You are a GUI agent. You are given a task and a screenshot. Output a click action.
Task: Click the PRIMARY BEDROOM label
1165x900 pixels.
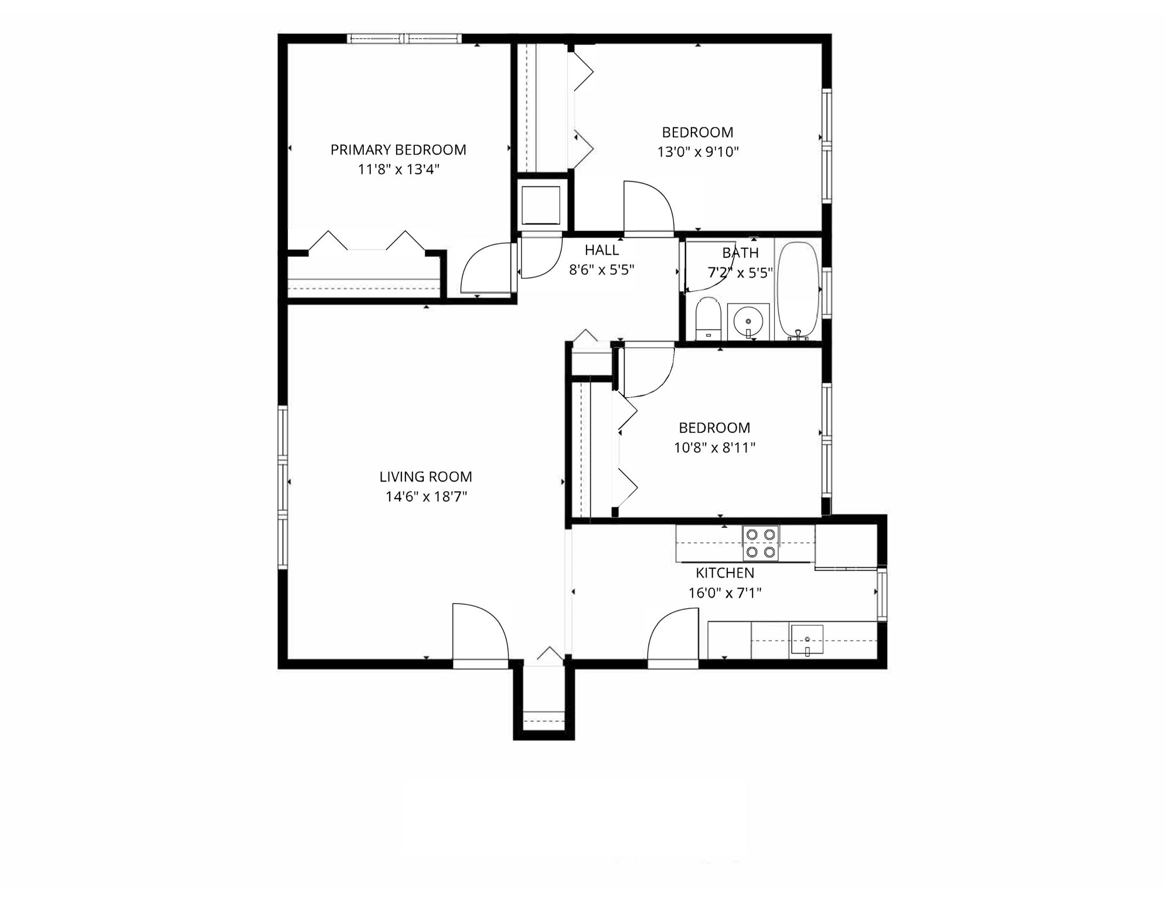(398, 150)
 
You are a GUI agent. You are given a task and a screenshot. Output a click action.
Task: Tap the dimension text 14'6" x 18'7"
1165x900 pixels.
(426, 497)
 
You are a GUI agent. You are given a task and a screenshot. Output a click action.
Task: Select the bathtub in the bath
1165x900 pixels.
(798, 290)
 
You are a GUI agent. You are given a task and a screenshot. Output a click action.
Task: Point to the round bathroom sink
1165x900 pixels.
(748, 322)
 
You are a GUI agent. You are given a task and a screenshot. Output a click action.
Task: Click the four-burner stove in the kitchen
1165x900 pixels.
(761, 543)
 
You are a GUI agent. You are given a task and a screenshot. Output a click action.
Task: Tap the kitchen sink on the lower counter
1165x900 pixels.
(807, 639)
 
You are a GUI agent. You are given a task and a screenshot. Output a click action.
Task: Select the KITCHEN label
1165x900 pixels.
(725, 573)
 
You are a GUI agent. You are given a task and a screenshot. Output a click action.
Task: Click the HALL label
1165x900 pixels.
(601, 250)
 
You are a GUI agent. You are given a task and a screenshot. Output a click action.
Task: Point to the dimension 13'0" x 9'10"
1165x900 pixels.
(697, 152)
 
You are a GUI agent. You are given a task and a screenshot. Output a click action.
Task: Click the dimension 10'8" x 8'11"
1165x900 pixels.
(714, 448)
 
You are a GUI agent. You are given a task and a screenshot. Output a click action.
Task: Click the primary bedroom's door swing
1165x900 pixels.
(486, 270)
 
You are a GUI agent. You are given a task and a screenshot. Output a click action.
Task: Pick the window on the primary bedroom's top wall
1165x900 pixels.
(404, 39)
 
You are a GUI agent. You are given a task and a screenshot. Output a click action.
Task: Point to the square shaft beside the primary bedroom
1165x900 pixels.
(540, 205)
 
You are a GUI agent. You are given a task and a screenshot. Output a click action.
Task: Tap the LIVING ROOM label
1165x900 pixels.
(425, 477)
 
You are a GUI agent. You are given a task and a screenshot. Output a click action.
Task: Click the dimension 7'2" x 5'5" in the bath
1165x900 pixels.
(740, 273)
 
